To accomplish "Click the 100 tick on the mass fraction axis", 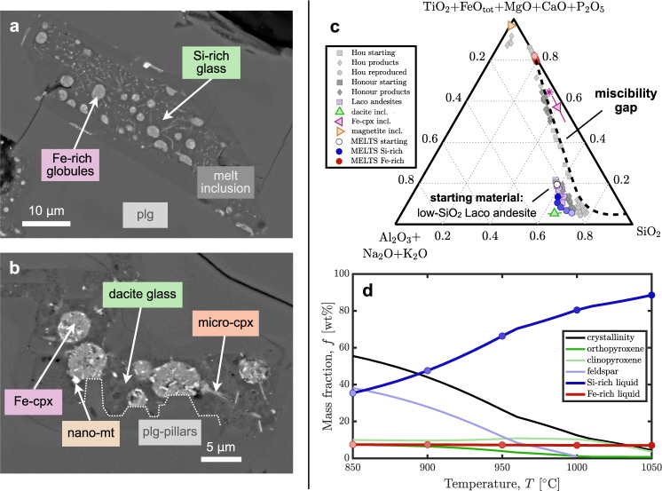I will tap(340, 274).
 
